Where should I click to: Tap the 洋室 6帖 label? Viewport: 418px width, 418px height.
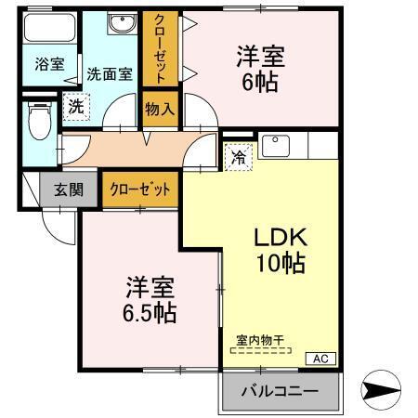pyautogui.click(x=259, y=67)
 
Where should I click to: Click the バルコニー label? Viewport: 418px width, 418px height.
pyautogui.click(x=280, y=392)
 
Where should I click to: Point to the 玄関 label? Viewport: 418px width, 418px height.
pyautogui.click(x=68, y=189)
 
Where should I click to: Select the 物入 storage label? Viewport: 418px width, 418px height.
pyautogui.click(x=159, y=110)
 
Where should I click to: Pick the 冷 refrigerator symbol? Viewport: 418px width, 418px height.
pyautogui.click(x=238, y=157)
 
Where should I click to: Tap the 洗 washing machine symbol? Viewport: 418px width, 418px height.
pyautogui.click(x=75, y=107)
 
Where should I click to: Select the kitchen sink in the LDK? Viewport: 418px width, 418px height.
pyautogui.click(x=276, y=146)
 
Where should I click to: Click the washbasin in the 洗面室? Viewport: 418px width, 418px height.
pyautogui.click(x=120, y=26)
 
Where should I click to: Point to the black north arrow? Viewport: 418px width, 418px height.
pyautogui.click(x=381, y=391)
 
